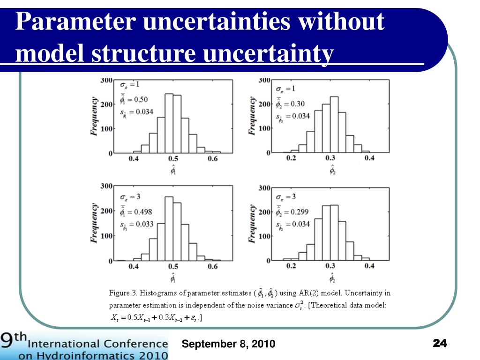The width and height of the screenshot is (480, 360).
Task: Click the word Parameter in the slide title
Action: [x=73, y=22]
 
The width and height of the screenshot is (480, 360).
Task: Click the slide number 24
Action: [x=440, y=344]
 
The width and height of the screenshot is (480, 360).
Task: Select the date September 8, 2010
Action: [x=229, y=345]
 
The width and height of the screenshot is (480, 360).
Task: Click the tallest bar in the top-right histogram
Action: [x=334, y=125]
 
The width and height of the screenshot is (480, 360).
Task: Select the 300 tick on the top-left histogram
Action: [x=106, y=80]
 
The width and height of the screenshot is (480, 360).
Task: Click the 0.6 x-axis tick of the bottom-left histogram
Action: [x=212, y=267]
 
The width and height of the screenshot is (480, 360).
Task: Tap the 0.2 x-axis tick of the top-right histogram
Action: [x=291, y=158]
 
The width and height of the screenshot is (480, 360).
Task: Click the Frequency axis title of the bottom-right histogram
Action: [x=253, y=224]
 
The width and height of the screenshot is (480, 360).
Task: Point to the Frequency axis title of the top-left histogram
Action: [x=94, y=116]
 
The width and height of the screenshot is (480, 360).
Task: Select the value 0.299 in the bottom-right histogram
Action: [x=300, y=212]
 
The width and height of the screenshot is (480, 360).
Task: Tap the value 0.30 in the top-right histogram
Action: [x=298, y=104]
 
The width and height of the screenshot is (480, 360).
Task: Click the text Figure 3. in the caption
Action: [x=123, y=293]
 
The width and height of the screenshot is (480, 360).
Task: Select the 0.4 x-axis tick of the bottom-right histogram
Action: [x=369, y=266]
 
